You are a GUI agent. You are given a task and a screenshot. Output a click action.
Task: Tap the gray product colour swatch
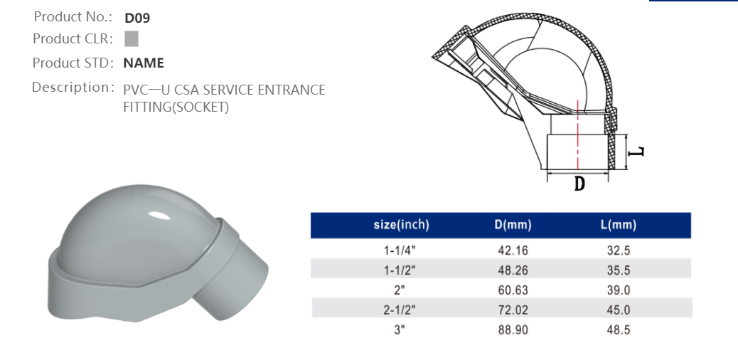coord(131,39)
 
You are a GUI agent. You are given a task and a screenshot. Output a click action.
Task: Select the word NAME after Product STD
coord(144,63)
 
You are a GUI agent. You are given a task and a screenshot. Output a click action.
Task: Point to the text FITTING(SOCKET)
coord(176,107)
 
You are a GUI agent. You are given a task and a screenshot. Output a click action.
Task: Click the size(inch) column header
coord(401,226)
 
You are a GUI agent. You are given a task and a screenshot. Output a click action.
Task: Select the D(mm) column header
coord(513,226)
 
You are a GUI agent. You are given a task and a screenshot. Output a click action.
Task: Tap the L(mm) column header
coord(618,226)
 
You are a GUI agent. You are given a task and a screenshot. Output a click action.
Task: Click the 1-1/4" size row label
coord(401,250)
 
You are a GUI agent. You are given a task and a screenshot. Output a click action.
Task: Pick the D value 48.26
coord(513,270)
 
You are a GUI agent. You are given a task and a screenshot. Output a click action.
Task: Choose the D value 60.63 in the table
coord(513,290)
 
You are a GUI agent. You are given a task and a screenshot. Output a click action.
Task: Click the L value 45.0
coord(618,310)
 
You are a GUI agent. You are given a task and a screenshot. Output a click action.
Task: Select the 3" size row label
coord(401,330)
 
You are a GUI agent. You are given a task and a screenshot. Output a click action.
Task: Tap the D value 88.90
coord(513,330)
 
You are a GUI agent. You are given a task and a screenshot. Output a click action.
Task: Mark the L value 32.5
coord(618,250)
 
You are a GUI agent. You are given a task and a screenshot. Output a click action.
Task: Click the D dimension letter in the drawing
coord(579,184)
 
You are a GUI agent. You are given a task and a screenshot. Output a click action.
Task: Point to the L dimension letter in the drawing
coord(638,152)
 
